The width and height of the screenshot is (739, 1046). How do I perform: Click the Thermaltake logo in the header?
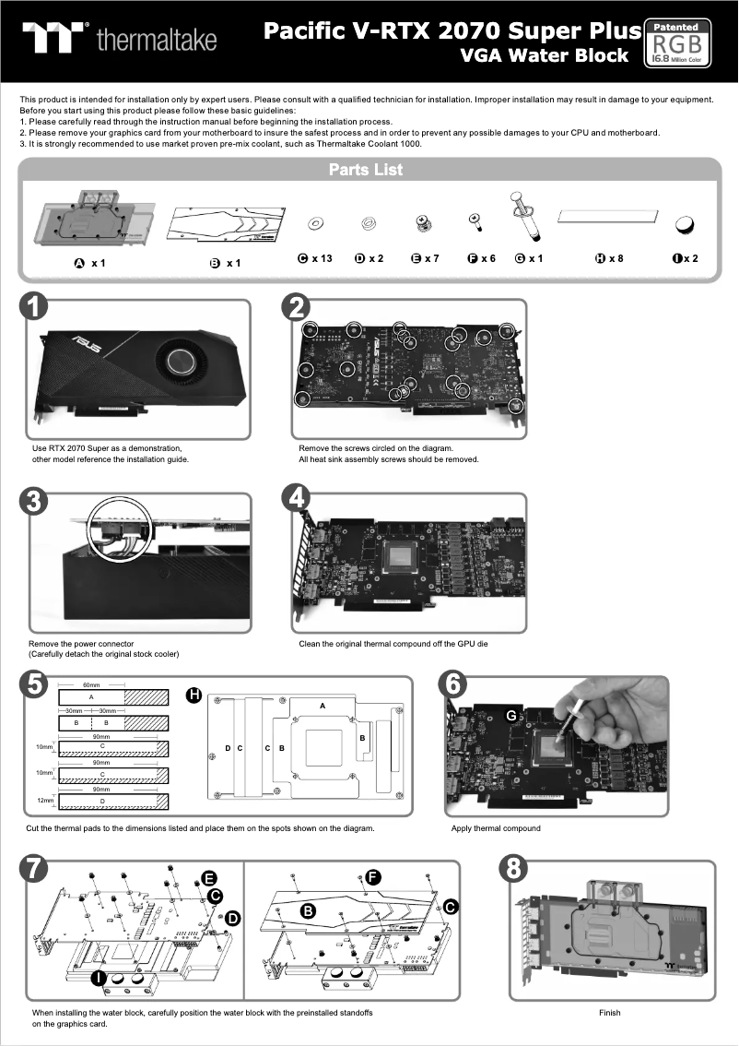click(x=120, y=39)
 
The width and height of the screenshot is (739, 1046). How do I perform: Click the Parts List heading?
click(x=366, y=170)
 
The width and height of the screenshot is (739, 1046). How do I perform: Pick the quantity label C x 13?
click(x=315, y=258)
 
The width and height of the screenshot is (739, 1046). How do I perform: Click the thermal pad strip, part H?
click(x=610, y=215)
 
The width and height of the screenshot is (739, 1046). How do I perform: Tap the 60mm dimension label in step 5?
click(x=91, y=686)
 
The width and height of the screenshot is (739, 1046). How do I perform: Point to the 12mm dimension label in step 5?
click(x=44, y=800)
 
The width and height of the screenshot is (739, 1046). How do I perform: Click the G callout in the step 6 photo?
click(x=510, y=716)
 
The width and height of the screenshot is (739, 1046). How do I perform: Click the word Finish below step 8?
click(x=609, y=1013)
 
